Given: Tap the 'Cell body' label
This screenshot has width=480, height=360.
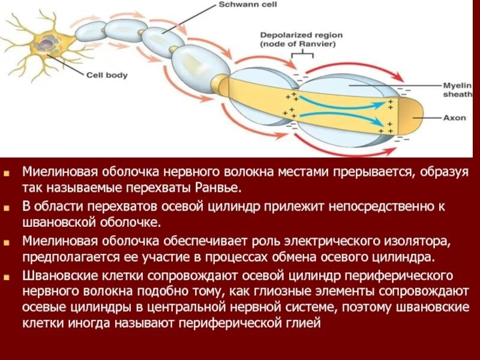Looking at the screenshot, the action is click(x=107, y=75).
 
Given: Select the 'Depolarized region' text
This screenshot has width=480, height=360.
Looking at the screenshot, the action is click(x=298, y=34).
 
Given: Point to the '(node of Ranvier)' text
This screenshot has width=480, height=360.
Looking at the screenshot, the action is click(x=298, y=44).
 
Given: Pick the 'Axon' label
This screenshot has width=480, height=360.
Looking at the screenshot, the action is click(x=455, y=118).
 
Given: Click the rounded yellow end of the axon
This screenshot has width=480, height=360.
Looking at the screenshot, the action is click(x=414, y=117).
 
